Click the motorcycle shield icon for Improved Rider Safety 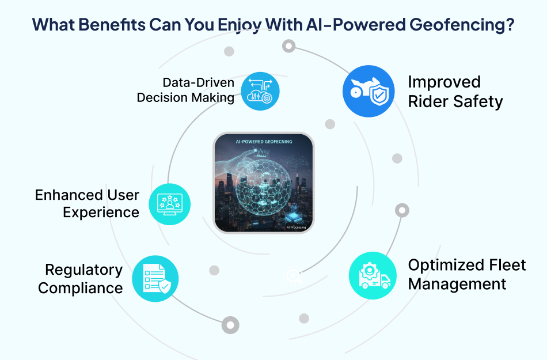[x=369, y=91]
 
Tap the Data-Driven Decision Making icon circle [x=260, y=91]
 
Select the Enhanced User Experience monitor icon [x=170, y=204]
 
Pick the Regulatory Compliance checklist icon [x=155, y=279]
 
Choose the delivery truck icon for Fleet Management [x=373, y=275]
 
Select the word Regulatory [x=84, y=270]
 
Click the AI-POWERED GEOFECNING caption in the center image [x=264, y=142]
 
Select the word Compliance [x=81, y=287]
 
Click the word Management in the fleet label [x=457, y=284]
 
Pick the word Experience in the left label [x=101, y=212]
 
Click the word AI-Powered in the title [x=344, y=25]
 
